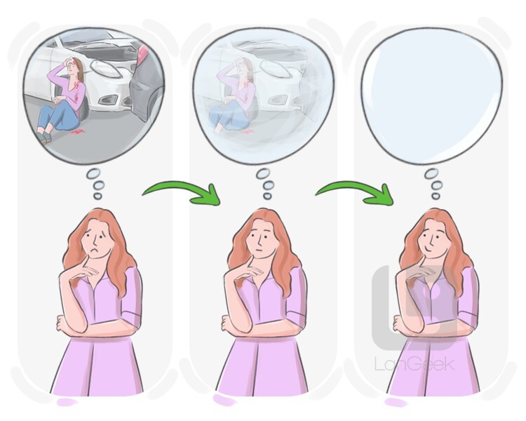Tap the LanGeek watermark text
click(414, 364)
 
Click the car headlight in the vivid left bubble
click(106, 69)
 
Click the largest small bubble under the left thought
click(93, 174)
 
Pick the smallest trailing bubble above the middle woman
click(267, 196)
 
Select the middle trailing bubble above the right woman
click(437, 185)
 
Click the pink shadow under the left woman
click(67, 401)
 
